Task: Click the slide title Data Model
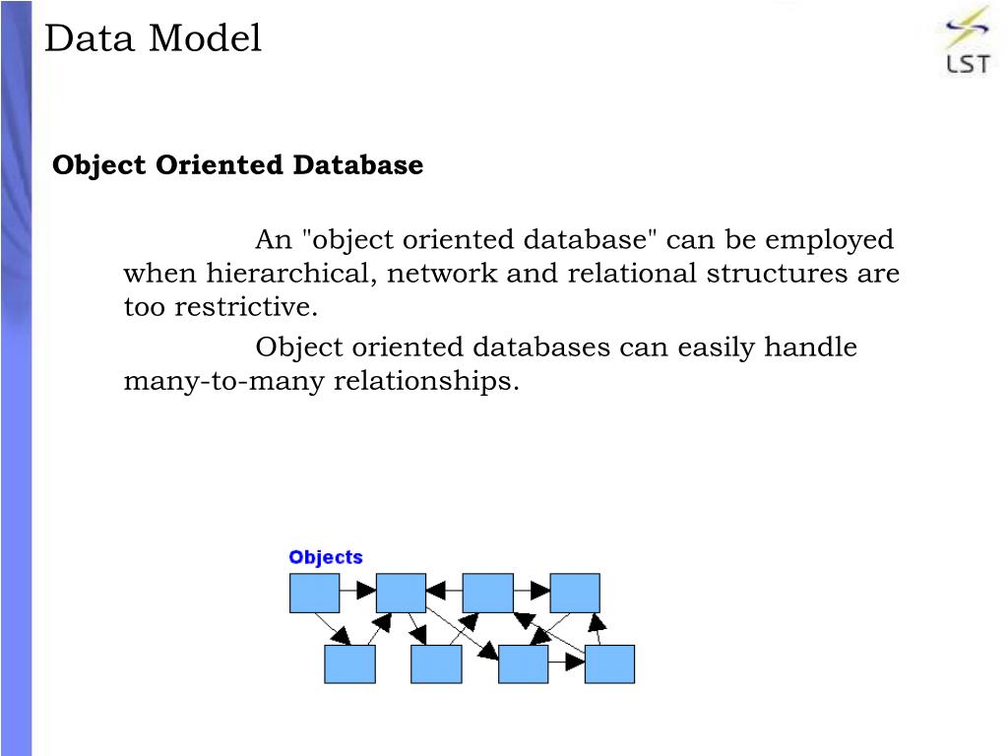pyautogui.click(x=153, y=39)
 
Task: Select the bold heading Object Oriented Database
pyautogui.click(x=237, y=165)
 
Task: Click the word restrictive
pyautogui.click(x=246, y=307)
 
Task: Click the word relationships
pyautogui.click(x=425, y=381)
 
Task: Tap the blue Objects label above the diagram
pyautogui.click(x=326, y=557)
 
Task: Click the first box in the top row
pyautogui.click(x=314, y=593)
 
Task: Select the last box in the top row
pyautogui.click(x=575, y=593)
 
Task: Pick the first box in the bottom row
pyautogui.click(x=349, y=664)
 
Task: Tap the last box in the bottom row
pyautogui.click(x=610, y=664)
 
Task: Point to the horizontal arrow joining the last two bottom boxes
pyautogui.click(x=567, y=664)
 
